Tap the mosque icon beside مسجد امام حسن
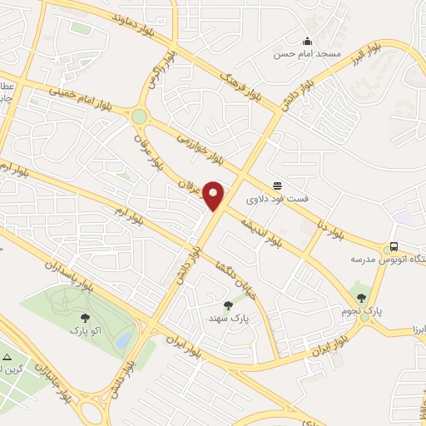(x=307, y=42)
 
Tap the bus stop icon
(x=393, y=247)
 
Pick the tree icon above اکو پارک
(x=85, y=316)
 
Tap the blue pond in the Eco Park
(x=124, y=339)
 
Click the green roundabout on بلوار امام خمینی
(x=139, y=117)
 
